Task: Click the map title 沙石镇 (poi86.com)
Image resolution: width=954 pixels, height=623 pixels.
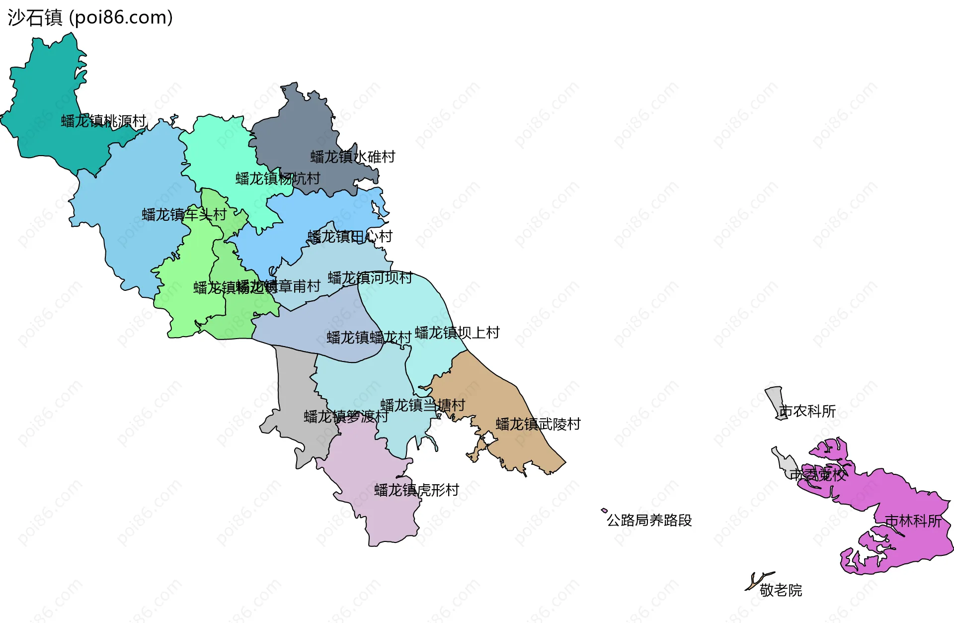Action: coord(90,18)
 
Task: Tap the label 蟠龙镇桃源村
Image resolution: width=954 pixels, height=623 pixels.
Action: coord(103,121)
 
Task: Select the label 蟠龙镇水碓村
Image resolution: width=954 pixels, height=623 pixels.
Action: coord(353,157)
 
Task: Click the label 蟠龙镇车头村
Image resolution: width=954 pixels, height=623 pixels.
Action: coord(184,215)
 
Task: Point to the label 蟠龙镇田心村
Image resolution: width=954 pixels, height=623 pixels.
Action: coord(350,237)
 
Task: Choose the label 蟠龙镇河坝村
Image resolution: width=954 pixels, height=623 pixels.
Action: coord(370,278)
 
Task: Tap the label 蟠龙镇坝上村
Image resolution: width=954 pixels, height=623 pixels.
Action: coord(457,333)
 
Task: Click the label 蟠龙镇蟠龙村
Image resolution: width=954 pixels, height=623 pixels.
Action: coord(369,338)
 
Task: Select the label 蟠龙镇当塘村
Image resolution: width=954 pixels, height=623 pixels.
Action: coord(422,405)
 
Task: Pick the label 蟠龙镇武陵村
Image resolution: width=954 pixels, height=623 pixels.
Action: coord(538,424)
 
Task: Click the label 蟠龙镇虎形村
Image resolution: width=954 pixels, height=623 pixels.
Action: coord(416,490)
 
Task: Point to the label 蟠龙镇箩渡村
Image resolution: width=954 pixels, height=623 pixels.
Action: coord(346,417)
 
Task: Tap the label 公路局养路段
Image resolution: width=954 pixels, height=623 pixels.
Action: coord(649,521)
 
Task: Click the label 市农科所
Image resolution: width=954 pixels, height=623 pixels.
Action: coord(807,411)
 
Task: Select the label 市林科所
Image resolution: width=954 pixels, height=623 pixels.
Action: coord(913,521)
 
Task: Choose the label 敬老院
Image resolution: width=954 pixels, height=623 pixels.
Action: coord(781,591)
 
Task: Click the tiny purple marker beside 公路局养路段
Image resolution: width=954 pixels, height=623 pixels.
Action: coord(604,510)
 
